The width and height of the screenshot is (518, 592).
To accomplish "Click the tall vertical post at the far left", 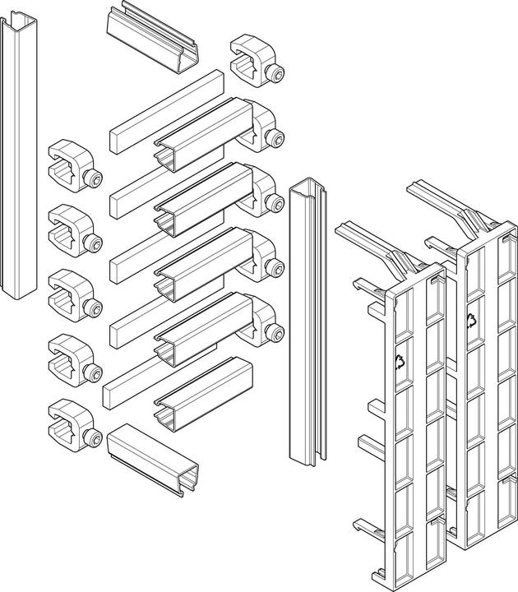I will pyautogui.click(x=20, y=164).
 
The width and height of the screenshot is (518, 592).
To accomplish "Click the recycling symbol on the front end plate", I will pyautogui.click(x=400, y=360).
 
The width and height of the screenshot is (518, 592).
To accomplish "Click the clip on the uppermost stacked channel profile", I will pyautogui.click(x=267, y=127).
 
